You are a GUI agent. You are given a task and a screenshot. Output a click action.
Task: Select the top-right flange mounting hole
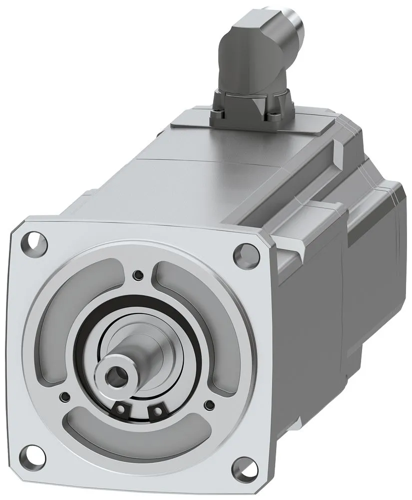(x=246, y=253)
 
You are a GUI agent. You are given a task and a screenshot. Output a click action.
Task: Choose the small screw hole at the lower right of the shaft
(x=210, y=405)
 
